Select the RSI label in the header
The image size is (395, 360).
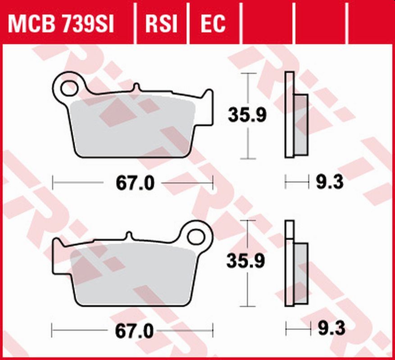click(x=161, y=23)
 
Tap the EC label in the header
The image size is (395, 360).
click(x=213, y=23)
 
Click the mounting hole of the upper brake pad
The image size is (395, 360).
click(x=68, y=88)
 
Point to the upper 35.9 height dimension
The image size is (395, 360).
click(x=247, y=115)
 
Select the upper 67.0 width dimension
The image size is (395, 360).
click(x=135, y=183)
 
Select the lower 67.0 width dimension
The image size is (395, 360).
click(x=135, y=332)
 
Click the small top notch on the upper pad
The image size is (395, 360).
click(x=136, y=87)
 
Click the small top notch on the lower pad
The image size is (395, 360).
click(x=129, y=235)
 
